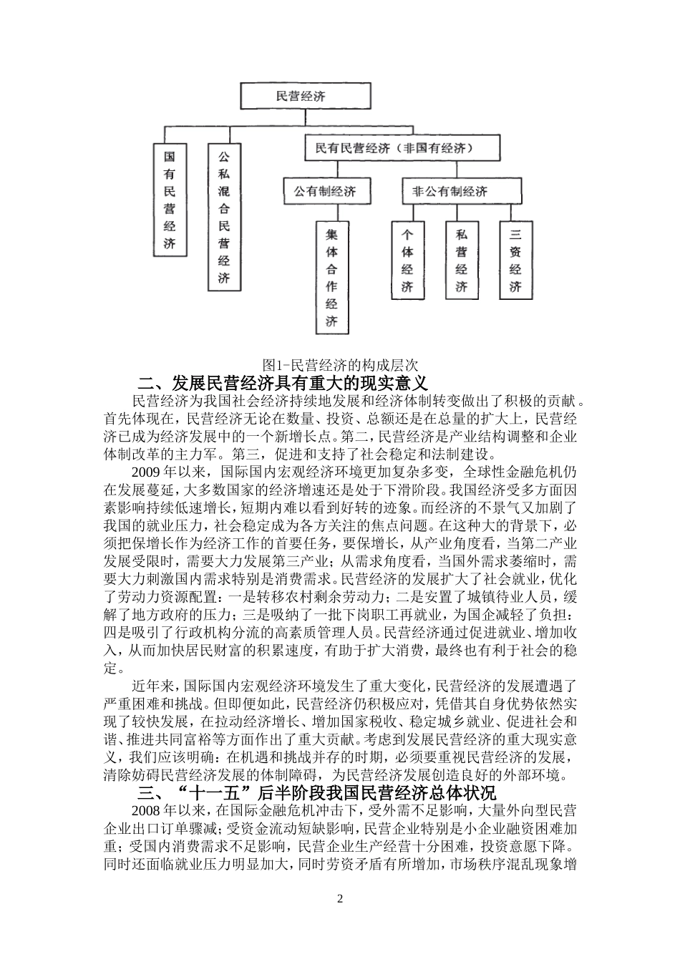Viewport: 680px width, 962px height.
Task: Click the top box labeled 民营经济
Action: pos(306,95)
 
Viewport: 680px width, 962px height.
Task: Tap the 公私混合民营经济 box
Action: pos(223,216)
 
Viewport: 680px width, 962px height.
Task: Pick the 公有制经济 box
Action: pos(324,191)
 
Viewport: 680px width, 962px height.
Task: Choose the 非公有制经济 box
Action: pos(450,191)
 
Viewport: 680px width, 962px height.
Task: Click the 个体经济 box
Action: pos(407,260)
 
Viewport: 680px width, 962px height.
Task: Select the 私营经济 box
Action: pos(461,260)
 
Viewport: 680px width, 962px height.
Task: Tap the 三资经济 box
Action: pos(515,260)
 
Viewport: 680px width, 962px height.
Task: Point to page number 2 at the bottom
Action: pos(340,899)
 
